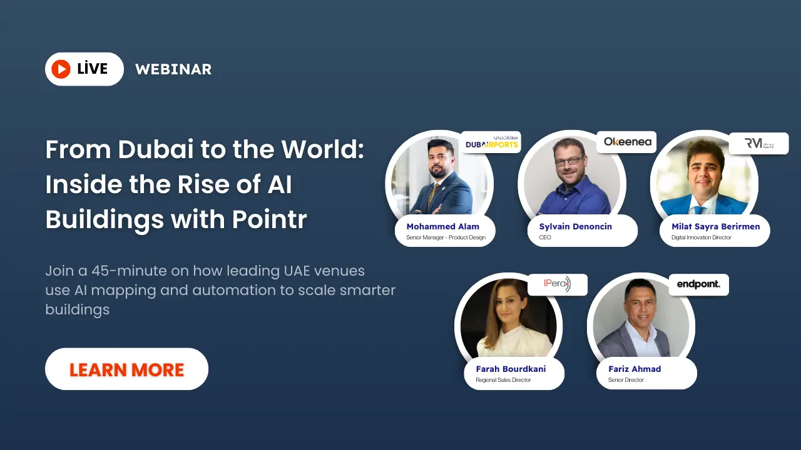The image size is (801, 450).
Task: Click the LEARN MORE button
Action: [x=126, y=369]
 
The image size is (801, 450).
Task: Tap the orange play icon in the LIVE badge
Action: [x=61, y=69]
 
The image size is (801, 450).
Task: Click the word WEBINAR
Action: [x=173, y=69]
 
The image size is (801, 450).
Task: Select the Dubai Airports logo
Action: [x=491, y=142]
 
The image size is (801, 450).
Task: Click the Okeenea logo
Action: [x=627, y=142]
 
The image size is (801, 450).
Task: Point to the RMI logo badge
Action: [x=758, y=143]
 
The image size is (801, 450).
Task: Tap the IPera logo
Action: [x=558, y=284]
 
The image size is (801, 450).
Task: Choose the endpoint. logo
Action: [x=698, y=284]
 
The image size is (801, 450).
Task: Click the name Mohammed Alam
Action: [x=442, y=226]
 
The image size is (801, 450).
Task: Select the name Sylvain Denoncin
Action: [x=575, y=226]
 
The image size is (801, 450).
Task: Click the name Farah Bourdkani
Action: [x=511, y=369]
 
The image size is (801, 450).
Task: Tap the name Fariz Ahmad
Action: [x=635, y=369]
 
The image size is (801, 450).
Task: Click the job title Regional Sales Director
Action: [x=503, y=380]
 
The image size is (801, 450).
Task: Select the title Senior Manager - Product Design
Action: [x=446, y=237]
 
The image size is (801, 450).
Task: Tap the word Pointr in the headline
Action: [x=270, y=220]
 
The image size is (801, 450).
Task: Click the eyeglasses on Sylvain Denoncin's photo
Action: [x=568, y=161]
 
